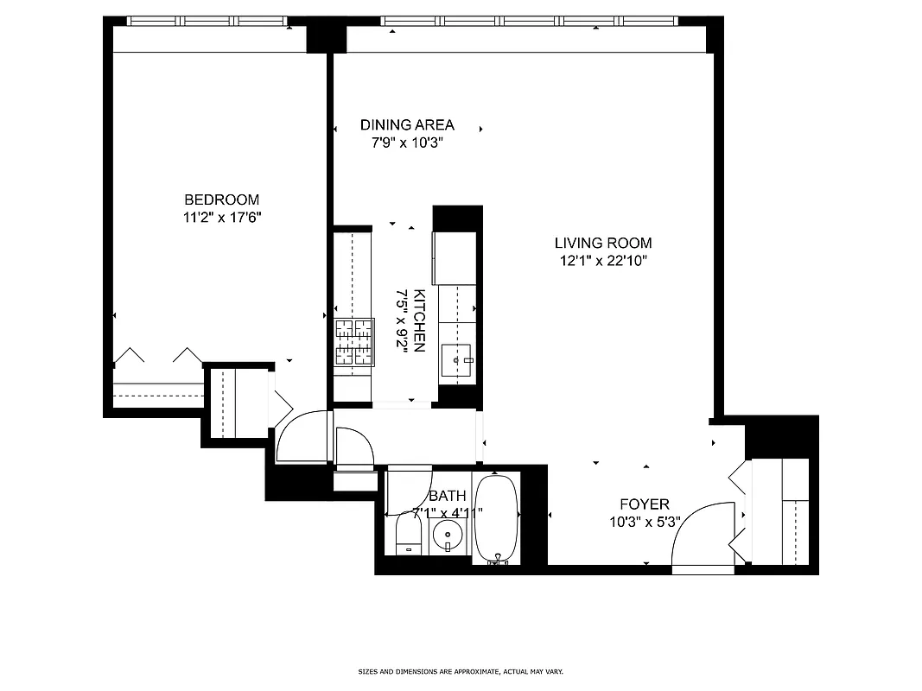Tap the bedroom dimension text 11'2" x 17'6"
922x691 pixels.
(x=221, y=218)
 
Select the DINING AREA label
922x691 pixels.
(x=407, y=124)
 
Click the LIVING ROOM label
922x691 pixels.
(x=603, y=243)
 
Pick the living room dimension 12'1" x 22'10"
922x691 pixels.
(x=603, y=261)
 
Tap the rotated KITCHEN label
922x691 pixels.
(x=419, y=320)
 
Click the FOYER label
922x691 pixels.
(x=644, y=504)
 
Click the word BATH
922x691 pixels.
(x=447, y=496)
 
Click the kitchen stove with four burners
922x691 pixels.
(x=354, y=343)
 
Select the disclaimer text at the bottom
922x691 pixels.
(x=461, y=671)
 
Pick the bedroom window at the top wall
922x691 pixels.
(x=210, y=21)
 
